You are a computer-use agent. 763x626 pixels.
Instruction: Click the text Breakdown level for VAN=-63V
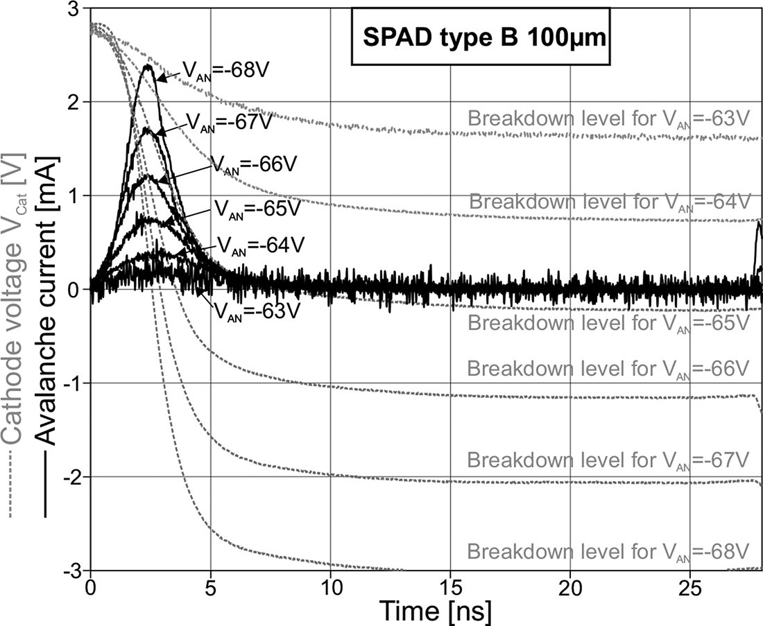(x=608, y=119)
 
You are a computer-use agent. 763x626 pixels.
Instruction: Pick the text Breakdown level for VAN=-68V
(x=608, y=552)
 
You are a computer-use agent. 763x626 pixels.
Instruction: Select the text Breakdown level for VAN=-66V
(x=608, y=368)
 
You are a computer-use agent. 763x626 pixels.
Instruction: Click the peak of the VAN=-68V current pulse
(x=148, y=66)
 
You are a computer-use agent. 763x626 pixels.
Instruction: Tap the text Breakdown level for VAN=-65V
(x=608, y=322)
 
